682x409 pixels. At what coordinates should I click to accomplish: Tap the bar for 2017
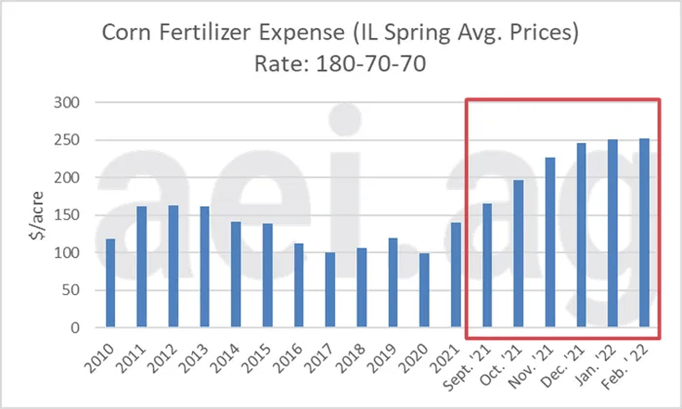(330, 289)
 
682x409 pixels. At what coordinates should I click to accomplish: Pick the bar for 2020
(425, 290)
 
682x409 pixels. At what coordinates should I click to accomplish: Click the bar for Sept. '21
(488, 266)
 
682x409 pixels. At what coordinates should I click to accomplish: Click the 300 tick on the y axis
(69, 103)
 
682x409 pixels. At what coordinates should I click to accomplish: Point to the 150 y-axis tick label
(69, 215)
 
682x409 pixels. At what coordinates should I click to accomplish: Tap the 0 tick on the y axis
(78, 328)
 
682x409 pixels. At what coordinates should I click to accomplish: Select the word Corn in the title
(127, 33)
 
